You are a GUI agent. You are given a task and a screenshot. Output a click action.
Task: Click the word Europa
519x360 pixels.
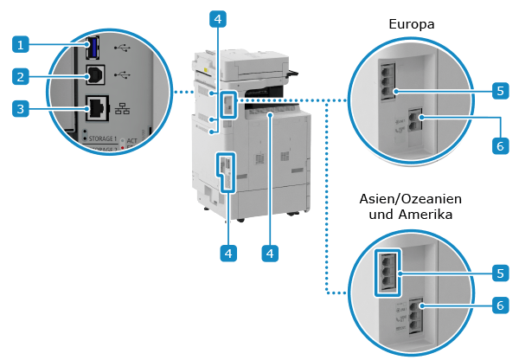[x=411, y=24]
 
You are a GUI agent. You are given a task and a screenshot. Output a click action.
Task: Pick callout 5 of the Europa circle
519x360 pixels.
[x=500, y=90]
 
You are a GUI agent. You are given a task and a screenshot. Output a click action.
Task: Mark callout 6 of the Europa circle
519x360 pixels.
[x=500, y=146]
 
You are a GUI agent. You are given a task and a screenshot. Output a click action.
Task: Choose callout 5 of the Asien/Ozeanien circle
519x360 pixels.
[x=500, y=273]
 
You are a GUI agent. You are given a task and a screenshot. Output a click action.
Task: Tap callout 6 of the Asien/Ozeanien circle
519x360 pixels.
[x=500, y=305]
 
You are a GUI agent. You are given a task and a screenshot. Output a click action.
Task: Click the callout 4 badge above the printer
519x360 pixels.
[x=220, y=17]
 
